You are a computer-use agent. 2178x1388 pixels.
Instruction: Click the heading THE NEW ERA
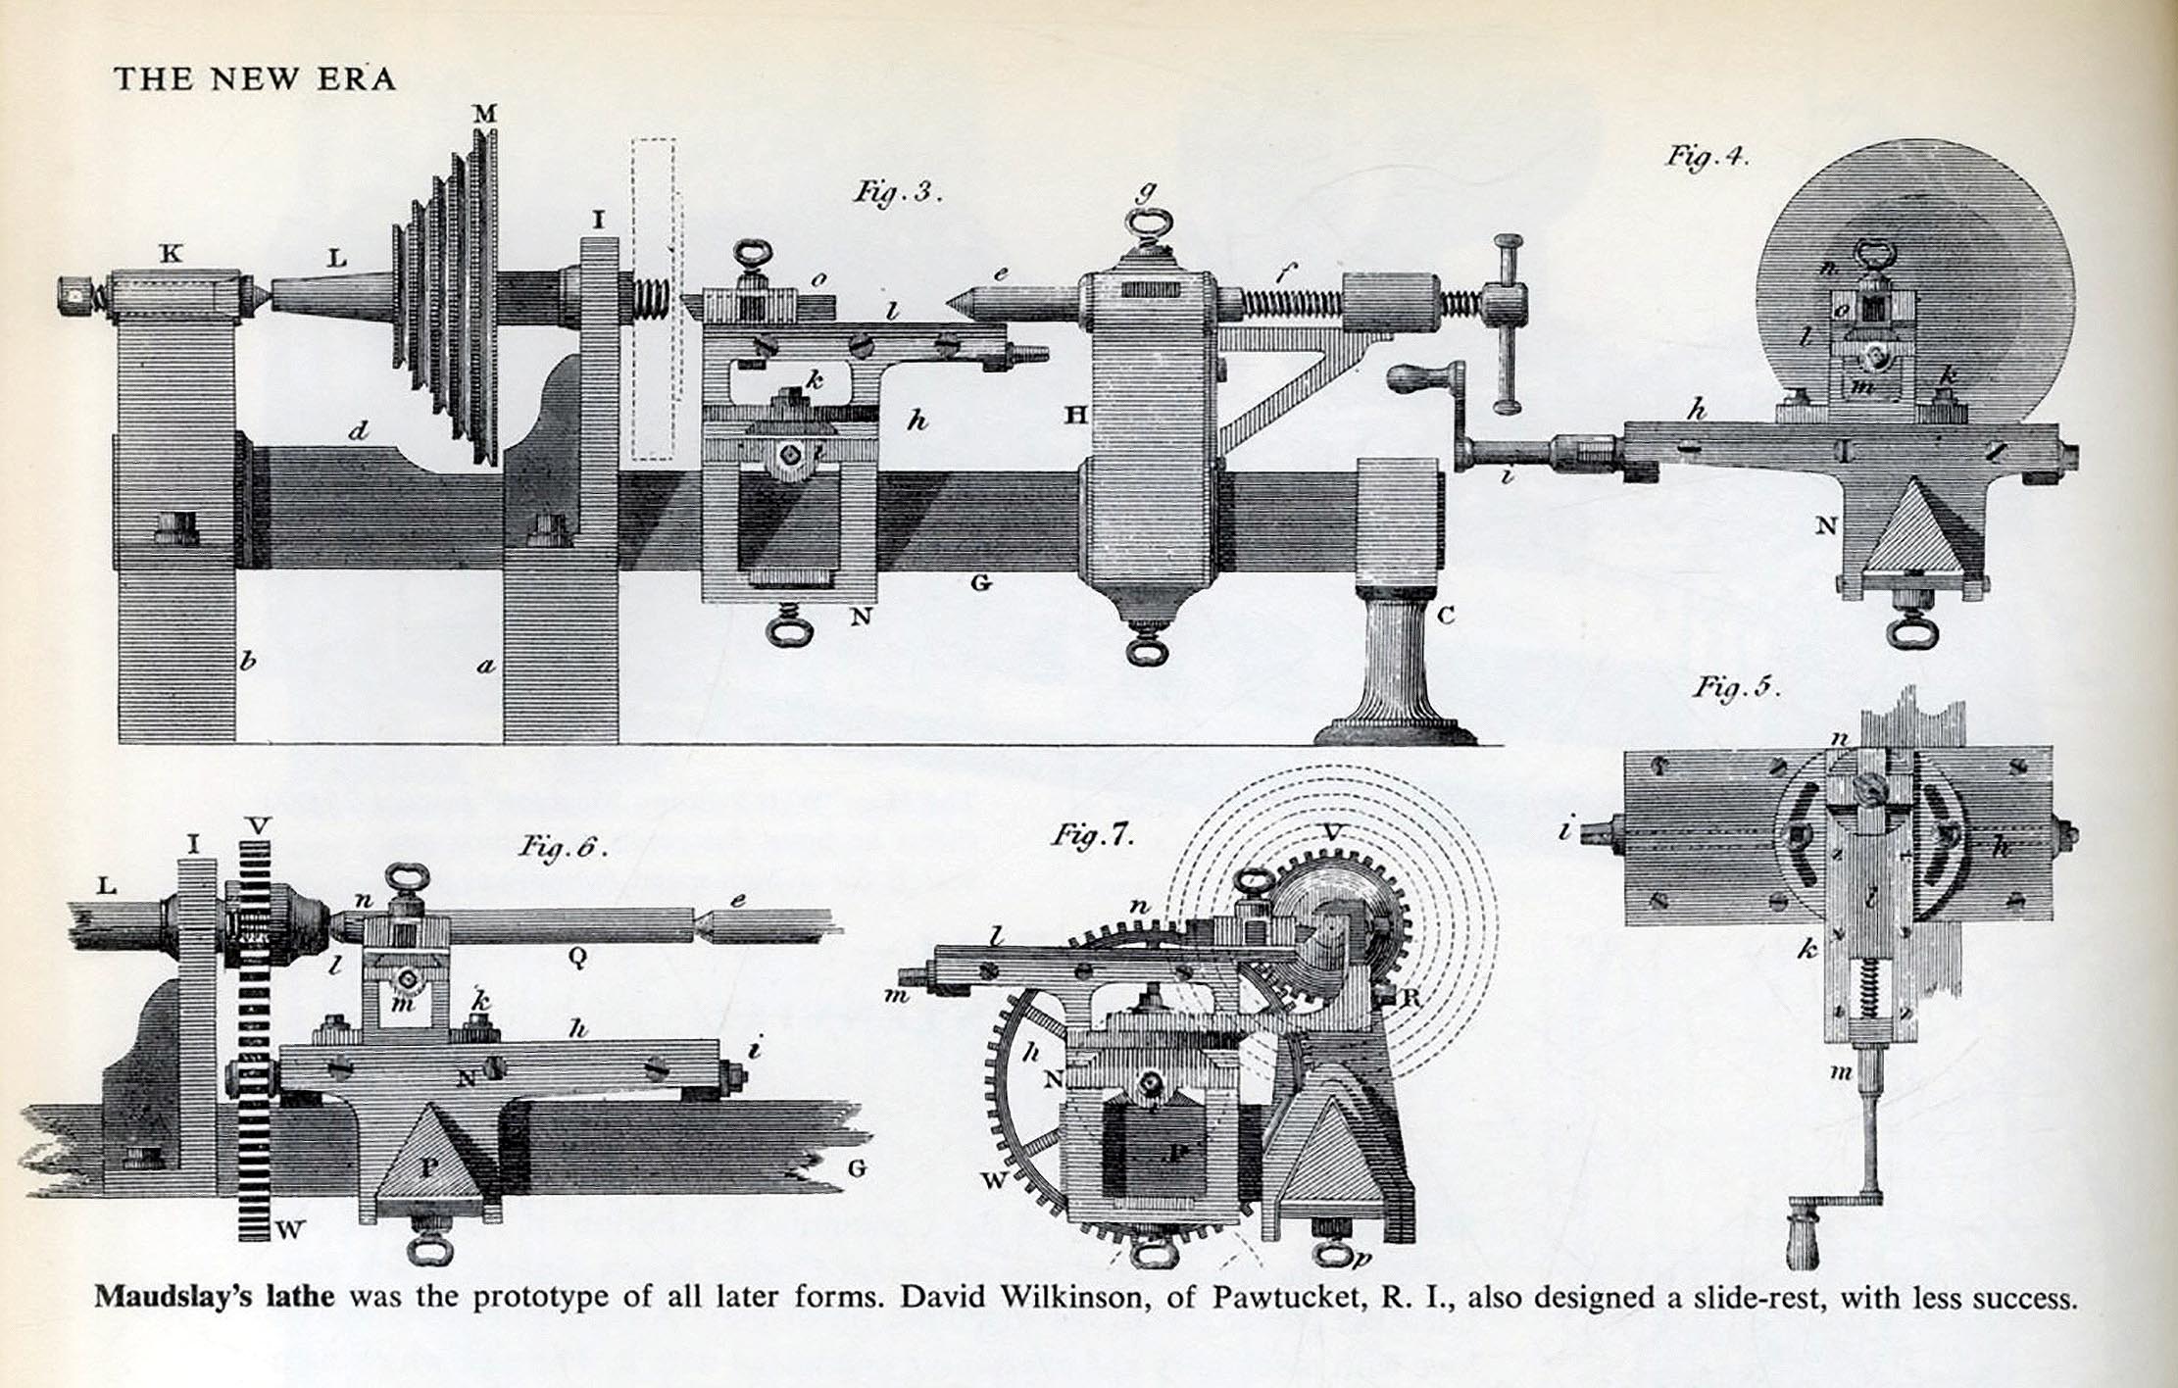[x=255, y=78]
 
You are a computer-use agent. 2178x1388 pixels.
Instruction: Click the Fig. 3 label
[x=897, y=191]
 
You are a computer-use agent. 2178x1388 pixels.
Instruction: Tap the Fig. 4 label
[x=1708, y=157]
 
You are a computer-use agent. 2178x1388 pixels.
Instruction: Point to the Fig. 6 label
[x=564, y=846]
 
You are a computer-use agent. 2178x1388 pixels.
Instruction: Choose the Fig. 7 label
[x=1093, y=836]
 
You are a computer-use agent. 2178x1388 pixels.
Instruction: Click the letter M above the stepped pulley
[x=484, y=115]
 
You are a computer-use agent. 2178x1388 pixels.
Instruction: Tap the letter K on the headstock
[x=171, y=254]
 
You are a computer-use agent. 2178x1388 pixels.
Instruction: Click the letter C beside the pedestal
[x=1445, y=617]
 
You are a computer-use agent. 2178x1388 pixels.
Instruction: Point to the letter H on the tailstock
[x=1076, y=416]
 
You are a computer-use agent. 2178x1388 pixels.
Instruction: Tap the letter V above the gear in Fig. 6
[x=258, y=826]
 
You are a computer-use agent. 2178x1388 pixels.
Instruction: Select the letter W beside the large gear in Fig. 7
[x=993, y=1181]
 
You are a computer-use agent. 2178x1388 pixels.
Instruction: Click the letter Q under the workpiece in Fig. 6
[x=576, y=960]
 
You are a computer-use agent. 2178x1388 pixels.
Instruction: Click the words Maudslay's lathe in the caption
[x=214, y=1298]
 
